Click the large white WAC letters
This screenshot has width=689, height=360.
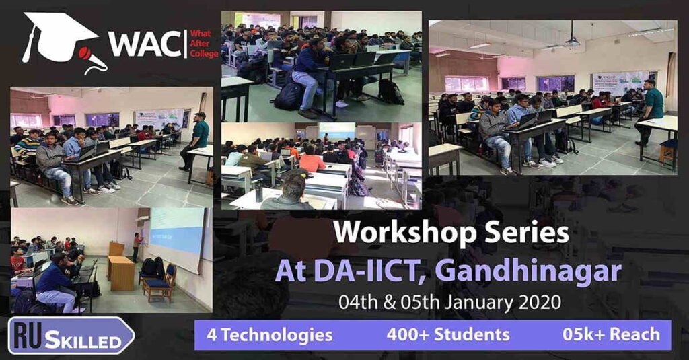click(143, 44)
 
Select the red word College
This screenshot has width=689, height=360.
click(204, 54)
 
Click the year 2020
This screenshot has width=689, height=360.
click(540, 302)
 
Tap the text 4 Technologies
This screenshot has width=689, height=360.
click(269, 335)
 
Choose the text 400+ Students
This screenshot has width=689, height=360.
click(448, 334)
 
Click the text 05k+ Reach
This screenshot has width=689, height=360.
click(611, 334)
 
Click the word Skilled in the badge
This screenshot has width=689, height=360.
click(83, 341)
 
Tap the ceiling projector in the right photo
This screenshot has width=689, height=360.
click(572, 42)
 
